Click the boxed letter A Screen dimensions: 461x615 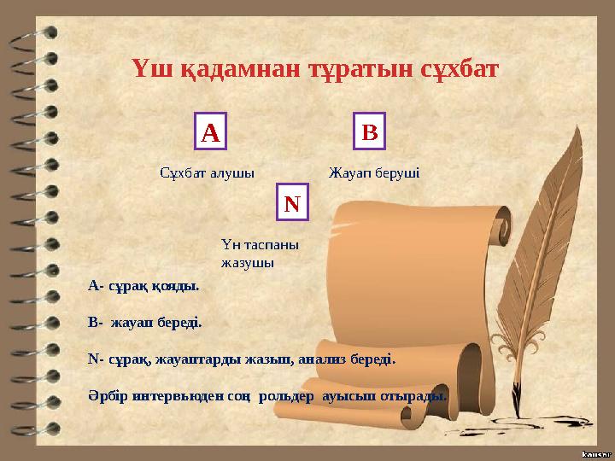point(211,132)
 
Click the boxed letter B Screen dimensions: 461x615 point(369,132)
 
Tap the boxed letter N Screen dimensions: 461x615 point(292,204)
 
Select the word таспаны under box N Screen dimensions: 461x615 point(272,244)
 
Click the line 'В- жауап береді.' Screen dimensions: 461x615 point(144,323)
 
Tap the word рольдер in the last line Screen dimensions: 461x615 point(288,396)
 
